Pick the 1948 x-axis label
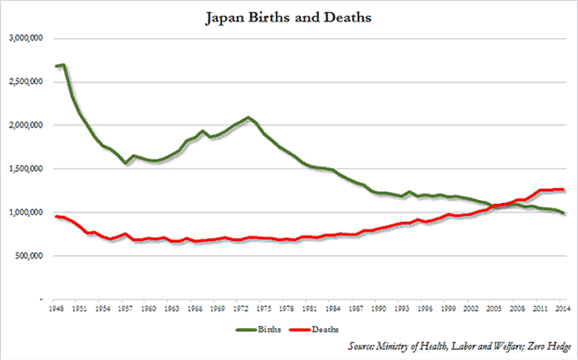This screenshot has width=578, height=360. (57, 309)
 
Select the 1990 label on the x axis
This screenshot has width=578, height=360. (381, 309)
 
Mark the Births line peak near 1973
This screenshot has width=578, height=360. (248, 117)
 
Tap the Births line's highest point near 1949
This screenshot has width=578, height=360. (64, 65)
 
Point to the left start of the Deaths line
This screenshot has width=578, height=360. (56, 216)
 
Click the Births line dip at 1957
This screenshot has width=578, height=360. (124, 163)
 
